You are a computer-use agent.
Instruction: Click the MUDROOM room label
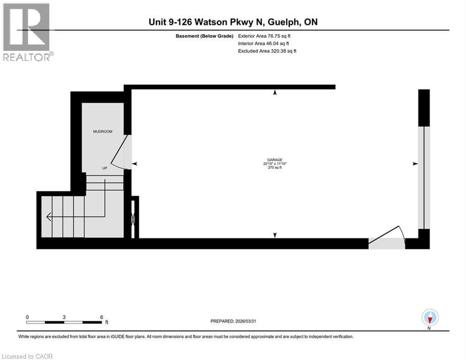click(103, 131)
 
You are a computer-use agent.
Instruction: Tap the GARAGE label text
click(275, 160)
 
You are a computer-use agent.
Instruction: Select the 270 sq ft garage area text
click(275, 168)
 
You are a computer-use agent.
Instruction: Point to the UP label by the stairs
click(105, 168)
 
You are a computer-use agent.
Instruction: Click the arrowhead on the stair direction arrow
click(49, 217)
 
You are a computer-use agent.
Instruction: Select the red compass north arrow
click(430, 320)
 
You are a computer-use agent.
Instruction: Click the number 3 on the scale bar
click(64, 317)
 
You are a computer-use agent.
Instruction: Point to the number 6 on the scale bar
click(102, 317)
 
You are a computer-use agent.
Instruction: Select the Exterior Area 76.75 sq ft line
click(264, 36)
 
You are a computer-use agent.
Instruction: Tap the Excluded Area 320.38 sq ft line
click(267, 51)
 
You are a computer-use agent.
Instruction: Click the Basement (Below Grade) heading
click(204, 36)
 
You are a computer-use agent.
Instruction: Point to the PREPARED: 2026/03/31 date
click(233, 321)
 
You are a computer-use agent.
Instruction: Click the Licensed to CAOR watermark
click(27, 356)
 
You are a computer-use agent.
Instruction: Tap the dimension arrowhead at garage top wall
click(275, 92)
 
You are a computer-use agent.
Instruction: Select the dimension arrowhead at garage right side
click(415, 164)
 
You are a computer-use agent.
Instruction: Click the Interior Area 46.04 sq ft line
click(263, 44)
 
